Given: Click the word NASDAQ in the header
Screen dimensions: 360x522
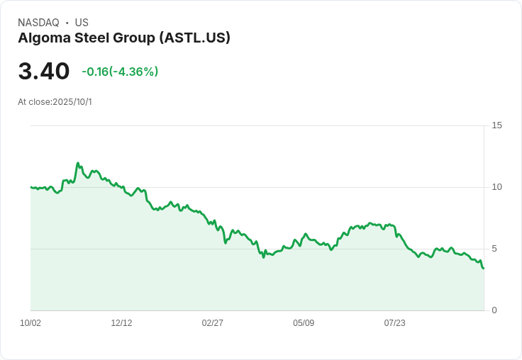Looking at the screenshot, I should [38, 23].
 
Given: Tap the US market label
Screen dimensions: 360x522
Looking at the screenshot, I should [82, 23].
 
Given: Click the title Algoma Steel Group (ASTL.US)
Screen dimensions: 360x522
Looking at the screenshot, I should [124, 38].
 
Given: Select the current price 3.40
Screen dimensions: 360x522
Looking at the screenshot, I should [44, 72].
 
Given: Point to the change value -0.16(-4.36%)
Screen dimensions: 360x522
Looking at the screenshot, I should [120, 72].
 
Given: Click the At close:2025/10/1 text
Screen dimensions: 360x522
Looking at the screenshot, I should [55, 102].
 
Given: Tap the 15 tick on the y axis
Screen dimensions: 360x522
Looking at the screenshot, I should [496, 125].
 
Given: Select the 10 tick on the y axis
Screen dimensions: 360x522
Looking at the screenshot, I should [496, 187].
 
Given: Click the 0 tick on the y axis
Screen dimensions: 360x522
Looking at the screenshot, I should [495, 310].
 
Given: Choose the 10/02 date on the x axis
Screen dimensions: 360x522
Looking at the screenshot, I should [30, 323].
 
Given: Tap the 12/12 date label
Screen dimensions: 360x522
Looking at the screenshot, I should [121, 323].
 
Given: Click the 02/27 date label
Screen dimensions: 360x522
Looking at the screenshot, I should [212, 323].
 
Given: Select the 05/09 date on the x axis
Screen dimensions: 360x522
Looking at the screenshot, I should [304, 323].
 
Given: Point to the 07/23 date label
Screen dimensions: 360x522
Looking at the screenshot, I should [394, 323].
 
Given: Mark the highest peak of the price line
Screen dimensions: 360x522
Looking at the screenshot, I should [78, 163].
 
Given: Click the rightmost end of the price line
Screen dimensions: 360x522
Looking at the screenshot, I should [484, 268].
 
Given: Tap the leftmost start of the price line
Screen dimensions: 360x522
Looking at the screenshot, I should [31, 187].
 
